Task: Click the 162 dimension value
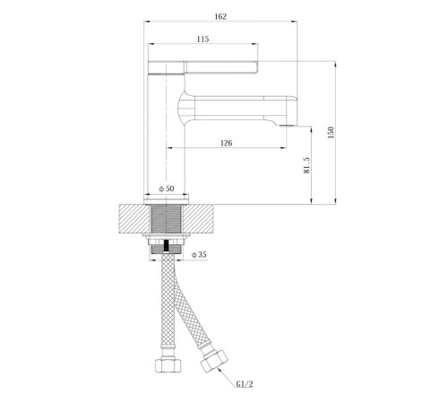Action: coord(220,17)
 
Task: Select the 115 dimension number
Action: coord(202,40)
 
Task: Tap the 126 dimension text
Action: coord(226,144)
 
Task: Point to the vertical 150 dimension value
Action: coord(331,133)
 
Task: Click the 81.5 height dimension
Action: coord(306,165)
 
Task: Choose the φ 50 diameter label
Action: coord(167,189)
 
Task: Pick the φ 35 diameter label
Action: coord(199,255)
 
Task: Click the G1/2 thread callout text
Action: coord(245,384)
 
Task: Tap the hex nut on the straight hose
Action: coord(168,365)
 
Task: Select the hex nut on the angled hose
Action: coord(214,361)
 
